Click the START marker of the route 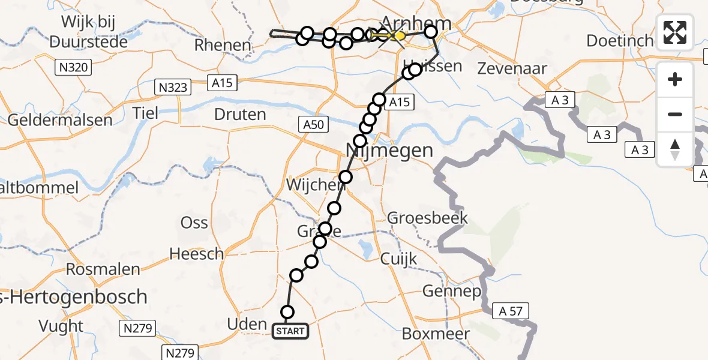click(x=291, y=331)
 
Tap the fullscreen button click(x=675, y=32)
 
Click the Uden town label click(x=247, y=325)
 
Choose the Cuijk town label click(x=398, y=259)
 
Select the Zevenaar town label click(x=512, y=68)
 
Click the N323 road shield click(x=172, y=88)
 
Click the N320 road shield click(x=74, y=67)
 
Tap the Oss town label click(x=194, y=223)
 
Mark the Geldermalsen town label click(x=59, y=119)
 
